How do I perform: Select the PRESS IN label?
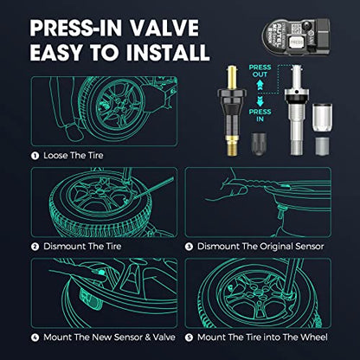point(254,115)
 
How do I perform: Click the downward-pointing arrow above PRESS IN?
point(254,101)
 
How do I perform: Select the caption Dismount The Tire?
point(72,247)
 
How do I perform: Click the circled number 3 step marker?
point(189,247)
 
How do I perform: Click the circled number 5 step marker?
point(189,334)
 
